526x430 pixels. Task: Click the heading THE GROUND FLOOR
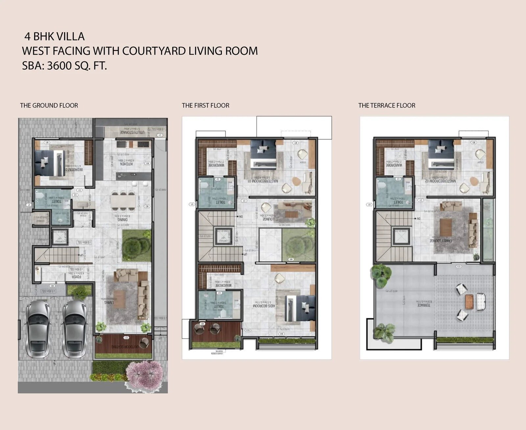[x=49, y=105]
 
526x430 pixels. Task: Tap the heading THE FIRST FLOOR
[x=205, y=105]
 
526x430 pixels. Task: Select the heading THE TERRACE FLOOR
[x=387, y=105]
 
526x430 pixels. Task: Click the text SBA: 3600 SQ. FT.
[x=64, y=66]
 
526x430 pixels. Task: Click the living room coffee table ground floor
[x=119, y=298]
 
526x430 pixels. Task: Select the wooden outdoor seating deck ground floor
[x=122, y=346]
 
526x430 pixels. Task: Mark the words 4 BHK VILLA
[x=55, y=36]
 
